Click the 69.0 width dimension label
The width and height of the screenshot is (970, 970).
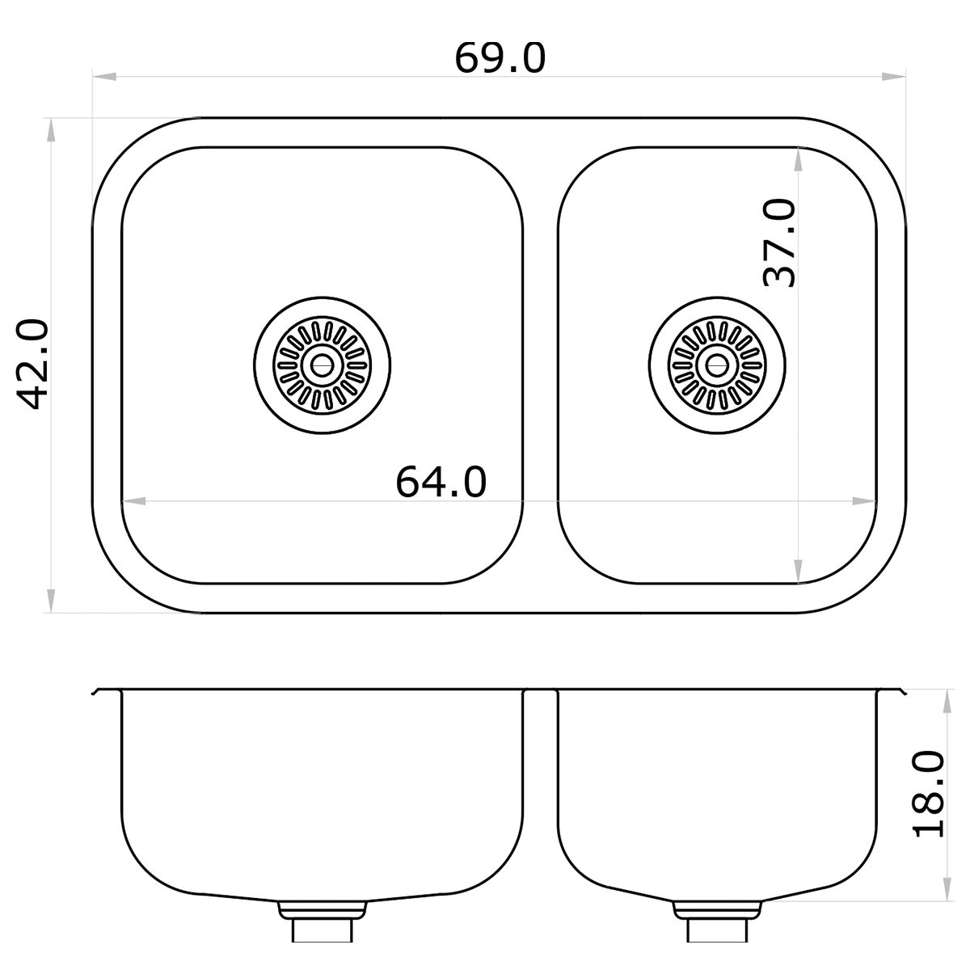click(500, 59)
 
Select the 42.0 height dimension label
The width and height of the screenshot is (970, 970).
click(33, 364)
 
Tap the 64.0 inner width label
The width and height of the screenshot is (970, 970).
click(441, 483)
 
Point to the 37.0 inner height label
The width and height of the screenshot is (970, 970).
click(780, 243)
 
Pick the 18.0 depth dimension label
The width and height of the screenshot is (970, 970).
click(929, 801)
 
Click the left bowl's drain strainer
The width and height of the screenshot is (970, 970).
click(323, 365)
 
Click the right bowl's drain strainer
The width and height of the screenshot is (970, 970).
click(717, 365)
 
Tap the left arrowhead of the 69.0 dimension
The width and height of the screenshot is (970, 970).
click(104, 77)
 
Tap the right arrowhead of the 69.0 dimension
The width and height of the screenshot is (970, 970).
click(894, 77)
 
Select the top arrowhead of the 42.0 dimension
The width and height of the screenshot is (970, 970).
click(50, 130)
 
